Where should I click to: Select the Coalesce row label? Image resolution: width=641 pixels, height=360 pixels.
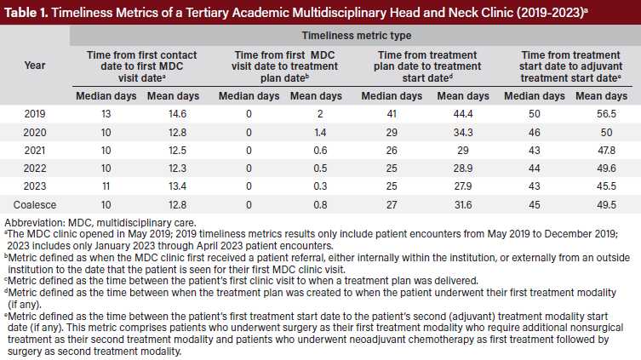(36, 204)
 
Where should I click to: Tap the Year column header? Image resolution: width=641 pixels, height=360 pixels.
(36, 65)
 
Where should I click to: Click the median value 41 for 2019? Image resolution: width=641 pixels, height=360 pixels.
(392, 112)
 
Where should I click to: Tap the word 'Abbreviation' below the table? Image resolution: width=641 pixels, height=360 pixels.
(35, 225)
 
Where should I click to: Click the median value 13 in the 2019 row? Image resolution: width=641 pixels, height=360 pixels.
(106, 112)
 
